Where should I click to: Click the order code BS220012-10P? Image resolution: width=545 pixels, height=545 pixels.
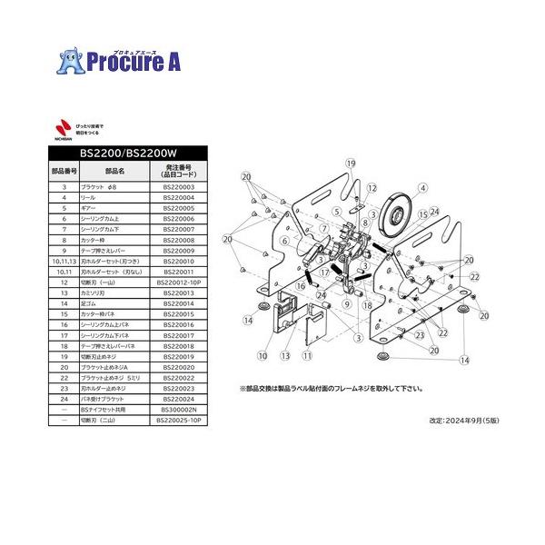(179, 282)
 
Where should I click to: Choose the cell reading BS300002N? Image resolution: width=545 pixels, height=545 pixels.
(179, 411)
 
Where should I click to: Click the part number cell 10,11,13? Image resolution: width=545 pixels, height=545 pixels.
(64, 260)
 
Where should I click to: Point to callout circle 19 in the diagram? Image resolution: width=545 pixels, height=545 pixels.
(348, 163)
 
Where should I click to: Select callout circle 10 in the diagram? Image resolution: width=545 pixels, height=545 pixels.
(263, 356)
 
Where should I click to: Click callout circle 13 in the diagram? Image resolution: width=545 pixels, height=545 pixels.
(284, 356)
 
